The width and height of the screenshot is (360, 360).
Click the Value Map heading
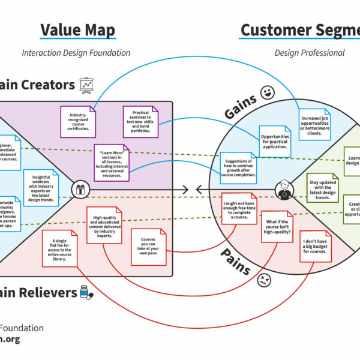click(x=77, y=31)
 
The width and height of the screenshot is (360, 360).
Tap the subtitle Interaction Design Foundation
click(x=76, y=53)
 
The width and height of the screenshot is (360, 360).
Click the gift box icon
click(x=79, y=190)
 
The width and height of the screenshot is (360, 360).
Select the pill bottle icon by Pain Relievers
click(x=87, y=292)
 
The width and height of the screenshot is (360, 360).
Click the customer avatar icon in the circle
click(x=283, y=190)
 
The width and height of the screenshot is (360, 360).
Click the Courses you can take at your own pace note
click(x=149, y=247)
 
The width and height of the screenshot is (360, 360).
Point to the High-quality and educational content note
click(x=104, y=223)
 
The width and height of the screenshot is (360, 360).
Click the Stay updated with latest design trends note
click(x=323, y=189)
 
